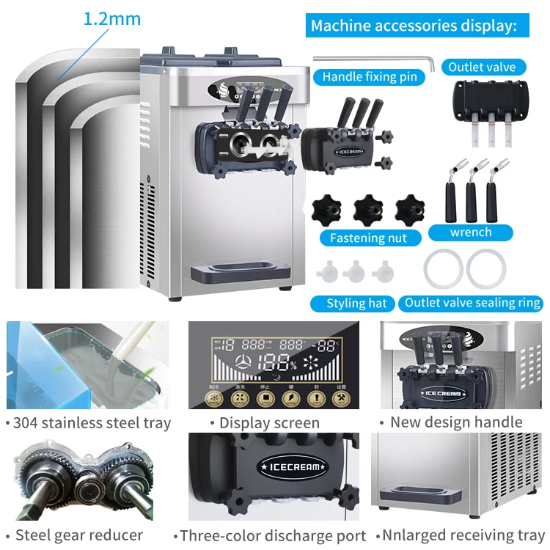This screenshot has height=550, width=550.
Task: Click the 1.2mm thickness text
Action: (x=111, y=18)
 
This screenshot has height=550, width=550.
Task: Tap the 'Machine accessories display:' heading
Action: (x=414, y=26)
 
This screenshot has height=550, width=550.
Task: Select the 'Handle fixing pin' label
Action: (x=369, y=76)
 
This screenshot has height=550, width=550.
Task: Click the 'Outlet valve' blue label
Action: (x=482, y=67)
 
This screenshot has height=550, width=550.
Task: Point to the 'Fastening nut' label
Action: (x=368, y=238)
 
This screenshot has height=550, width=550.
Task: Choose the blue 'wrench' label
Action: (x=471, y=232)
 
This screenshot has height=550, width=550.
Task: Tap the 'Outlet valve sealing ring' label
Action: (x=472, y=303)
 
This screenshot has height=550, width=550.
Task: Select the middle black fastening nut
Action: (x=368, y=210)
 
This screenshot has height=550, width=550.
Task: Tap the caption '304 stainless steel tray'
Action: (x=88, y=422)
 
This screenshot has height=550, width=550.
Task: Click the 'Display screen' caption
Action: (x=264, y=422)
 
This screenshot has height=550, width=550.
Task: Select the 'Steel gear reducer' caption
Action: (x=78, y=535)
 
